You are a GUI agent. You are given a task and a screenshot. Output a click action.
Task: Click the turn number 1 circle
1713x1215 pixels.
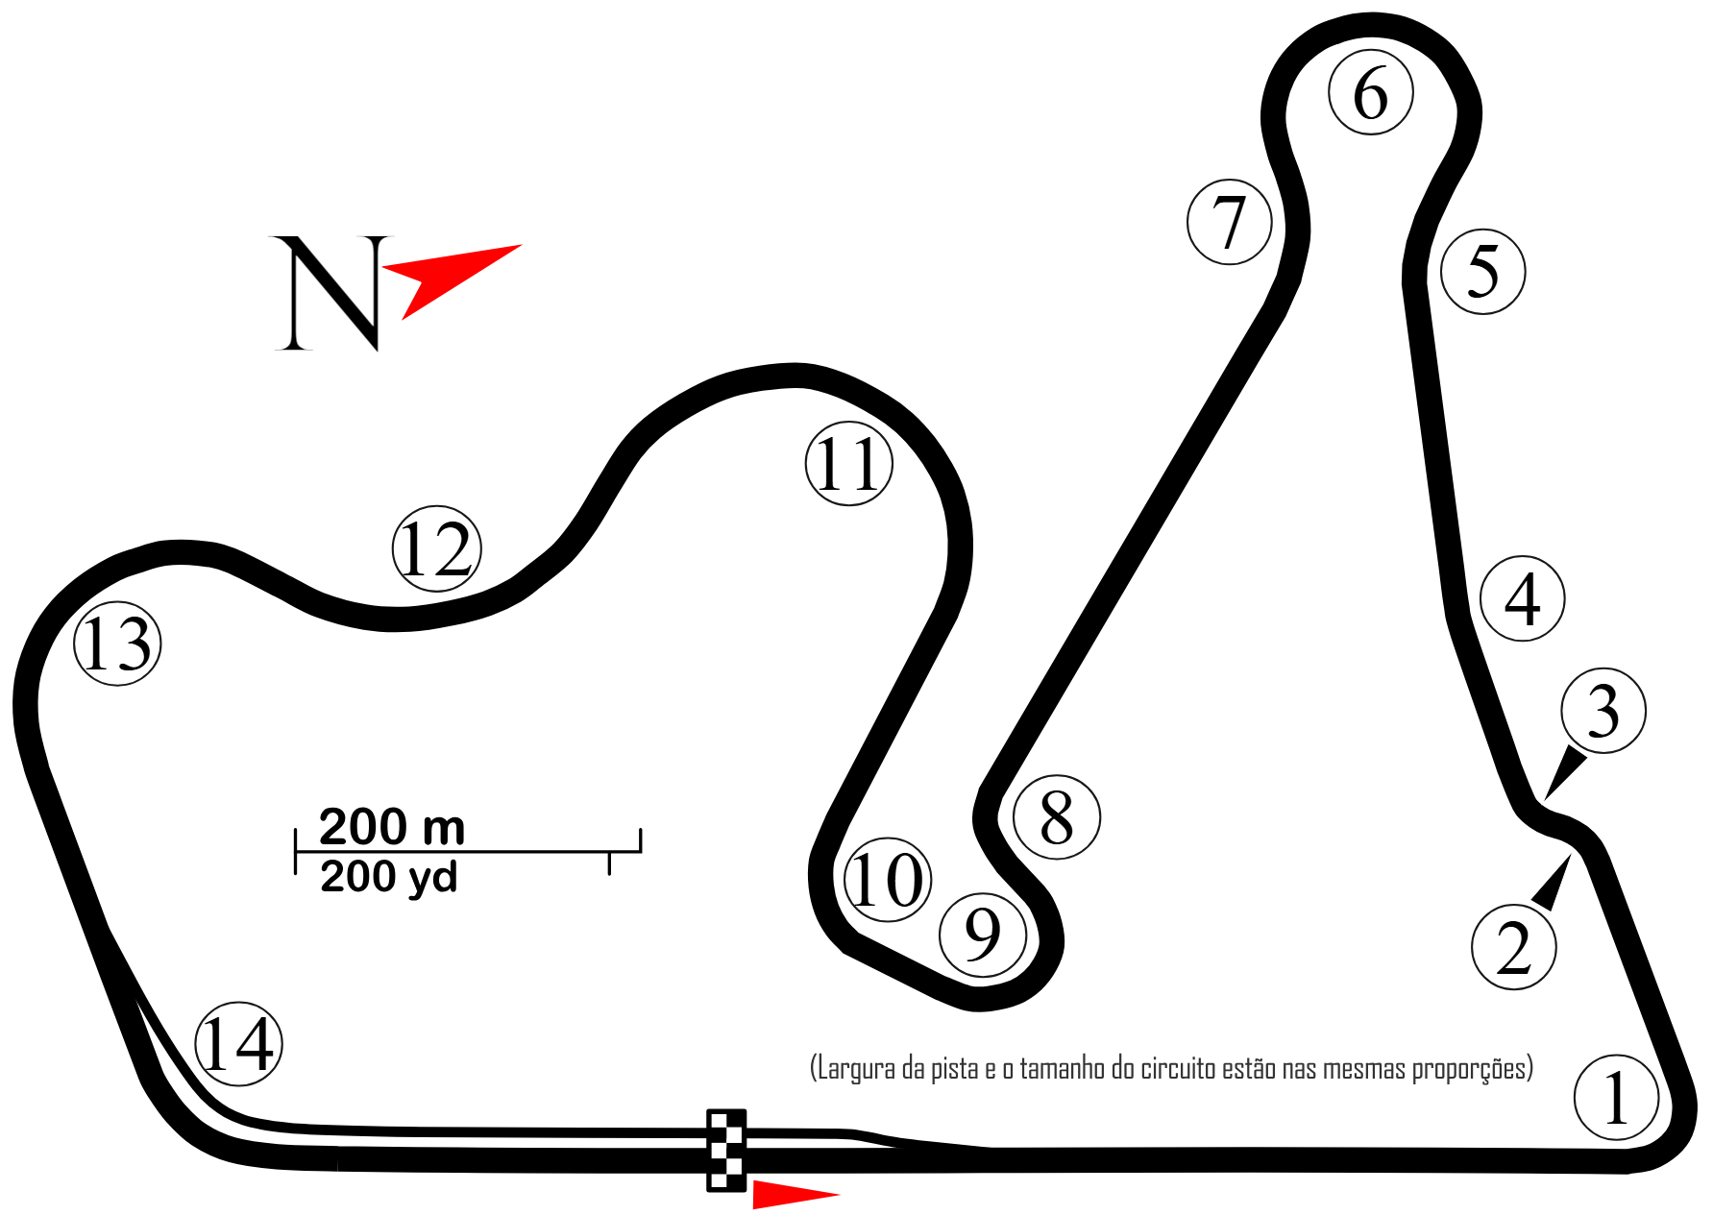coord(1616,1097)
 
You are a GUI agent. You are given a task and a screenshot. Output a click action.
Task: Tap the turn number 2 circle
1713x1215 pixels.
coord(1513,947)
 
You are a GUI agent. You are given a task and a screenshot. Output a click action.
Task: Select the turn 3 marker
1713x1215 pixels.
coord(1603,711)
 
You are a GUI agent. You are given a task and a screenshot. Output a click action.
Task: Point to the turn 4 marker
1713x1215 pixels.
coord(1523,598)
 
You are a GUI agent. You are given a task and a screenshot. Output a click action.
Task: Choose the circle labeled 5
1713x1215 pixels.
coord(1482,271)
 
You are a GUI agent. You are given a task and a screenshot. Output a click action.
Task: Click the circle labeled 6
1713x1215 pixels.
coord(1371,92)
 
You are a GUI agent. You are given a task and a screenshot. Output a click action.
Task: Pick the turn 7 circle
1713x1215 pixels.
coord(1229,222)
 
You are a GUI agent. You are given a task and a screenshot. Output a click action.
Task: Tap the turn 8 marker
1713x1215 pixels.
coord(1056,816)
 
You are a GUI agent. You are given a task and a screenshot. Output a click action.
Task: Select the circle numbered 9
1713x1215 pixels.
coord(982,935)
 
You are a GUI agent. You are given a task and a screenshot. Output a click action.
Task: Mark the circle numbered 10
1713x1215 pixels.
coord(888,880)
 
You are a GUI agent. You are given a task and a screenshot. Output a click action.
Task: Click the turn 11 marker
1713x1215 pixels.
coord(848,464)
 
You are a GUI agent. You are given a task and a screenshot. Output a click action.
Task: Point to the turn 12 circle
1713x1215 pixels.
coord(436,548)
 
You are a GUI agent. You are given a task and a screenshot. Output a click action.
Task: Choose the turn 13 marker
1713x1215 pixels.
coord(117,644)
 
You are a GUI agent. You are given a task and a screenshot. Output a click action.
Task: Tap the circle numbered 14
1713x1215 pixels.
coord(238,1044)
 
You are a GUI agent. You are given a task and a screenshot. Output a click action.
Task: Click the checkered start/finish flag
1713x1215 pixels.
coord(725,1150)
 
